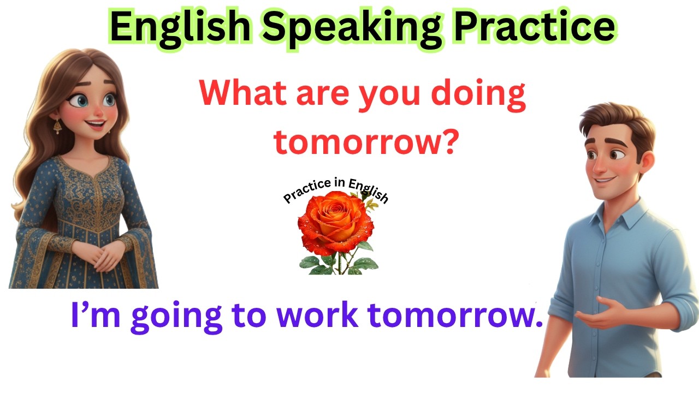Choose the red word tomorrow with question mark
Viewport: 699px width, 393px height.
point(365,141)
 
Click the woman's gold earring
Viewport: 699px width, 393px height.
point(57,127)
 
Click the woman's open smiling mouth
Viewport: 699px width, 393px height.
point(97,126)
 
